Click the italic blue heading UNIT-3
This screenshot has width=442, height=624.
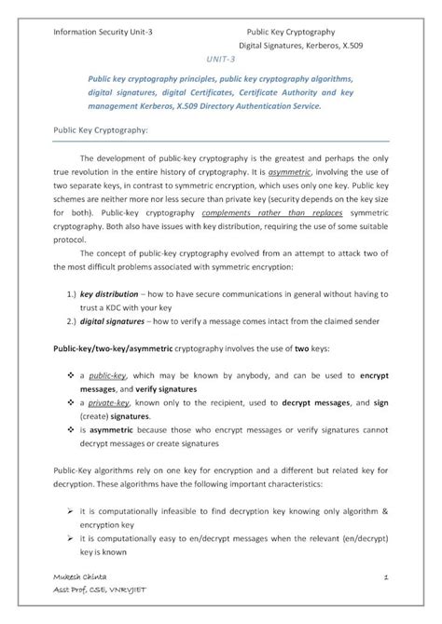(221, 57)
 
